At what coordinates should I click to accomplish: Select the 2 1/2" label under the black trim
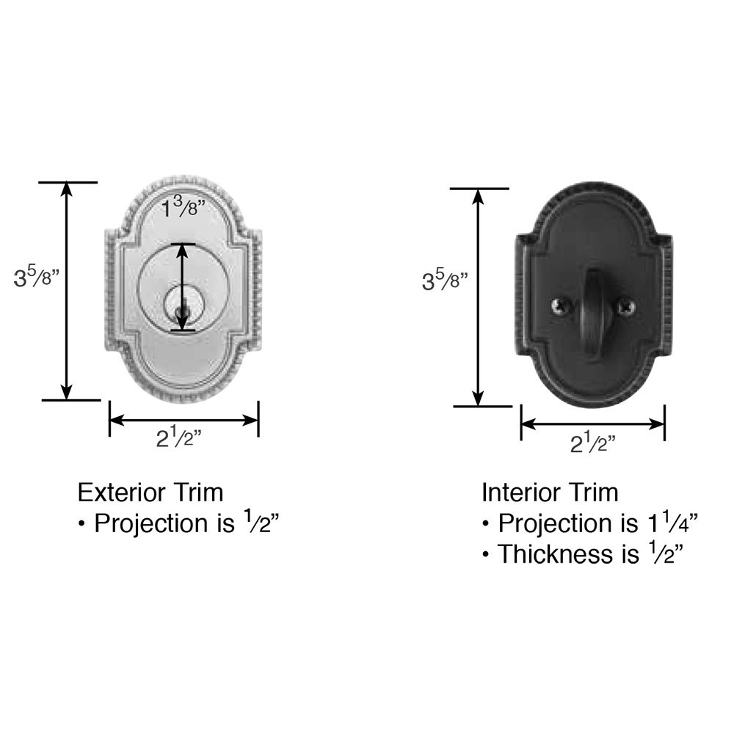[592, 443]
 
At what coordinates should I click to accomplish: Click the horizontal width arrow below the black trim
[592, 424]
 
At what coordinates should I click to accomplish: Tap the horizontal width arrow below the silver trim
[183, 421]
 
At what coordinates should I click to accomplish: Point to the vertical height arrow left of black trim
[479, 297]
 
